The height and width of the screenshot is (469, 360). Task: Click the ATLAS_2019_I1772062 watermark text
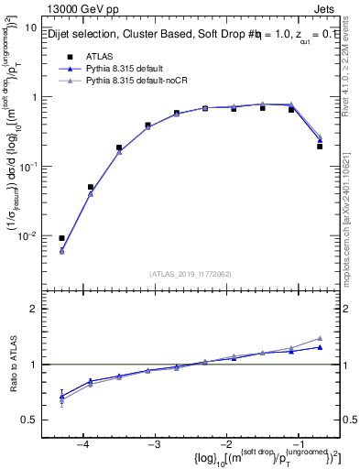click(191, 273)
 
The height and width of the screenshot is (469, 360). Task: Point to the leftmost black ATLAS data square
click(61, 238)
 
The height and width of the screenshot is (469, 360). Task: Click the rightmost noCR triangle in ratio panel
click(320, 338)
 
